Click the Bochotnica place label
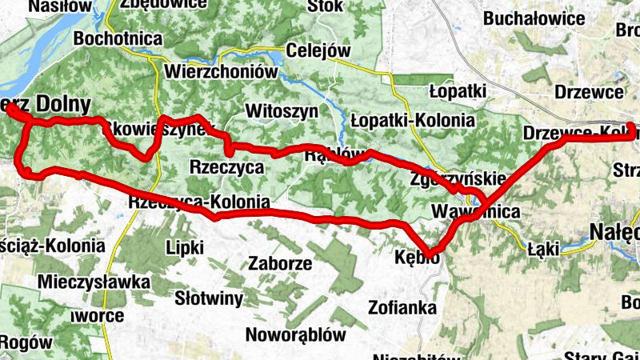118,38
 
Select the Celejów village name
318,50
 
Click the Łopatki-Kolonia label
412,121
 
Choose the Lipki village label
184,247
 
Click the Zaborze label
279,262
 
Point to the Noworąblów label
295,334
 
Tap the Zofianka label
402,306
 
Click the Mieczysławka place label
94,282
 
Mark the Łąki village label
542,250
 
